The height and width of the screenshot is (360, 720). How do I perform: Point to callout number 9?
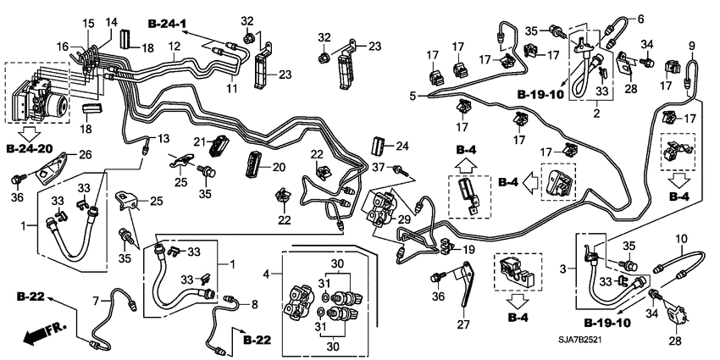[692, 45]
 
